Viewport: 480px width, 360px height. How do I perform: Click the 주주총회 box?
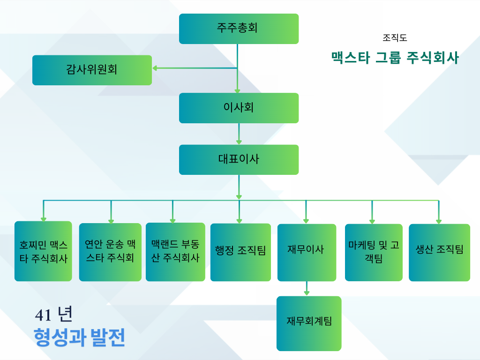[239, 29]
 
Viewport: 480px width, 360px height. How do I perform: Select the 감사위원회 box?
[92, 70]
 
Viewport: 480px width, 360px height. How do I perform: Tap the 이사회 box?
[239, 108]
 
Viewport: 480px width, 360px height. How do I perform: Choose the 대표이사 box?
[239, 159]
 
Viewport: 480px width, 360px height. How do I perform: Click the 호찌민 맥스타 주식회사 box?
[43, 251]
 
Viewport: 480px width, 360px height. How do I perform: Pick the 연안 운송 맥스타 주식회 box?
[110, 252]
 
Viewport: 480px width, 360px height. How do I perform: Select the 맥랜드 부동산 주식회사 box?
[175, 252]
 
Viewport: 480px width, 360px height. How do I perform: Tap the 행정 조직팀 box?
[240, 252]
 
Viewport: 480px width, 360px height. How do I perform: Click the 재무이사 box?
[307, 252]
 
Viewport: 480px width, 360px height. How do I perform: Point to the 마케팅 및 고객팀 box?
[374, 252]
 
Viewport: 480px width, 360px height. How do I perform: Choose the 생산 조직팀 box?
[439, 252]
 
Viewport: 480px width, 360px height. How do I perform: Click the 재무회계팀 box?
[309, 323]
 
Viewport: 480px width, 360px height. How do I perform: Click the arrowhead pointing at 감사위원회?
[155, 68]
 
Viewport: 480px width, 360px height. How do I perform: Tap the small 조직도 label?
[395, 38]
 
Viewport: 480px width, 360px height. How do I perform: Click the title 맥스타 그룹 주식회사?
[395, 58]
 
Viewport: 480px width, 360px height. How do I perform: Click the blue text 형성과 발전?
[79, 337]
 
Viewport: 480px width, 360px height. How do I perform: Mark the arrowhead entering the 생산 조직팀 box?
[439, 221]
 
